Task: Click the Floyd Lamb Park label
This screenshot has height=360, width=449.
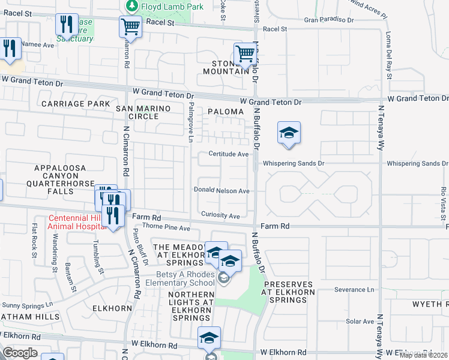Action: pyautogui.click(x=170, y=7)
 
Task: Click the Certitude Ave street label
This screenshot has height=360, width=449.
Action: pyautogui.click(x=228, y=154)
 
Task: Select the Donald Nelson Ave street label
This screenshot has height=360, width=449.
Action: pyautogui.click(x=221, y=191)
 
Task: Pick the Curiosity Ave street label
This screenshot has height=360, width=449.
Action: pyautogui.click(x=220, y=216)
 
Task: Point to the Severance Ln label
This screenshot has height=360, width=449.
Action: pyautogui.click(x=354, y=290)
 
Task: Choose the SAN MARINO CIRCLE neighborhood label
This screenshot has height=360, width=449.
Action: pyautogui.click(x=143, y=113)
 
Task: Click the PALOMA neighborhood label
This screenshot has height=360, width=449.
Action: pyautogui.click(x=226, y=112)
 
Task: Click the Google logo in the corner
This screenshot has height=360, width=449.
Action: pyautogui.click(x=20, y=353)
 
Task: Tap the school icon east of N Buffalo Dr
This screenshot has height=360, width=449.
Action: pyautogui.click(x=289, y=134)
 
